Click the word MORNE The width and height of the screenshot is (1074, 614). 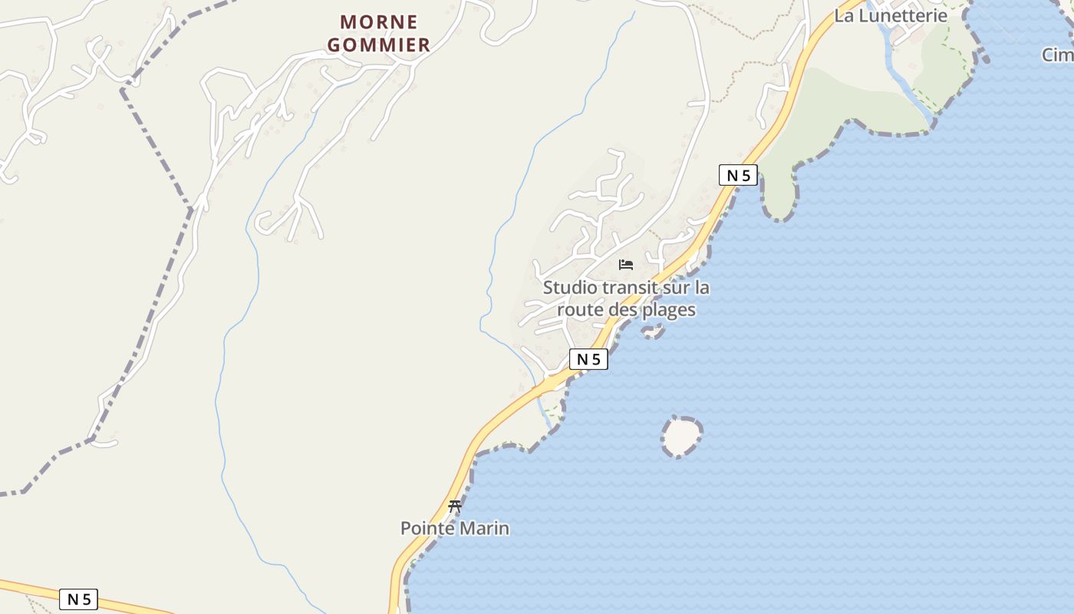pos(379,21)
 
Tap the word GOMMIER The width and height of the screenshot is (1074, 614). pos(379,45)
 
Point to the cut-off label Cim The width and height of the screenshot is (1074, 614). pos(1057,54)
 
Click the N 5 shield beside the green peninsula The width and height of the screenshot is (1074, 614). pos(739,175)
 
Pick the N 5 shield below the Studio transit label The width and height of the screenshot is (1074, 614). pos(588,359)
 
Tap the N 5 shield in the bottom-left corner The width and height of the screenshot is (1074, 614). pos(79,599)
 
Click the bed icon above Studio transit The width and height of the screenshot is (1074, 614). pos(626,265)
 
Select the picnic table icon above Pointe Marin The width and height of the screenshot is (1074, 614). pos(455,506)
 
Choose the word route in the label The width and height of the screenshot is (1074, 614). pos(580,310)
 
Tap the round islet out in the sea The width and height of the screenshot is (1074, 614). pos(680,437)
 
